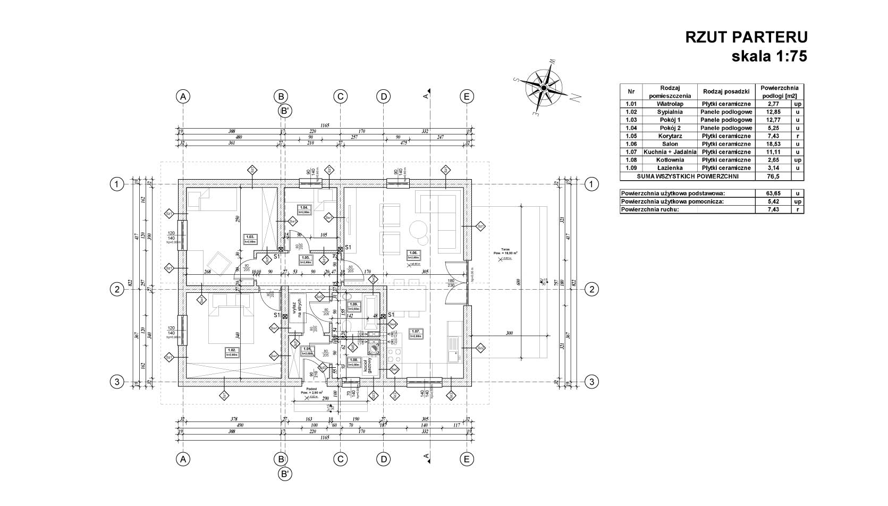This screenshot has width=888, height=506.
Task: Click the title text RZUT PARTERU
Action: coord(746,37)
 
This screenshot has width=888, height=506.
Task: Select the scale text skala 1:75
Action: coord(769,56)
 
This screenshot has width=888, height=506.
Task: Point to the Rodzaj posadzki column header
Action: coord(726,91)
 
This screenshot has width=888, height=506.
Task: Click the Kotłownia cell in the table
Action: coord(669,160)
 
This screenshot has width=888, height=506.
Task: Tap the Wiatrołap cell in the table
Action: coord(669,104)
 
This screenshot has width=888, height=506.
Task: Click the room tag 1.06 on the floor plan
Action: coord(414,255)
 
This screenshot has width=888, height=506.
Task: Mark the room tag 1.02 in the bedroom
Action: coord(231,352)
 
